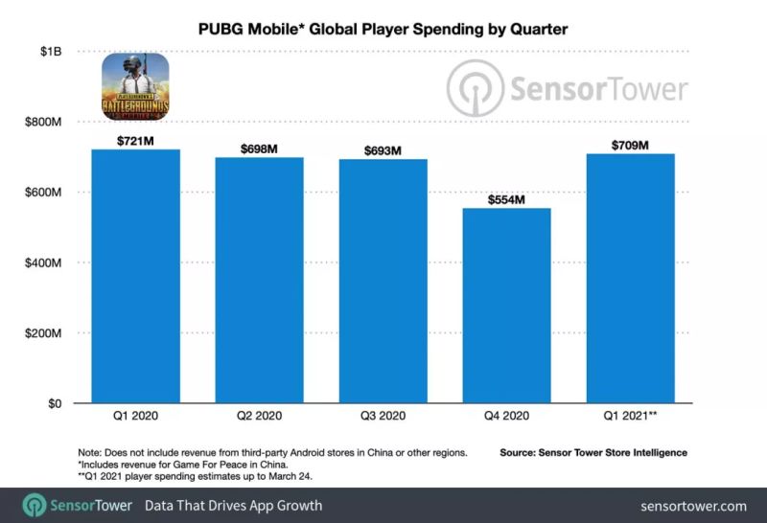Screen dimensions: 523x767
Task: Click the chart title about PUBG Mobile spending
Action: pyautogui.click(x=383, y=30)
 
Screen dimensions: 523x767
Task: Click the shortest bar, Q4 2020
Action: pyautogui.click(x=506, y=306)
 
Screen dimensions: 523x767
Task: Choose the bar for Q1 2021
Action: pyautogui.click(x=630, y=278)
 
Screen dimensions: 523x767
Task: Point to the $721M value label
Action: pyautogui.click(x=135, y=141)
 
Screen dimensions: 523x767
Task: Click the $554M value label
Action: pyautogui.click(x=506, y=200)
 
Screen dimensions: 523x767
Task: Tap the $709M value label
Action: pyautogui.click(x=630, y=146)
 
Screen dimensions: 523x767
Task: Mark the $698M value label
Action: pyautogui.click(x=259, y=149)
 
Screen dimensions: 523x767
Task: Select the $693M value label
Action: pyautogui.click(x=383, y=151)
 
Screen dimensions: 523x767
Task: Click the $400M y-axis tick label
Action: pyautogui.click(x=42, y=262)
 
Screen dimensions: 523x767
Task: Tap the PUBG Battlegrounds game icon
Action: pyautogui.click(x=135, y=86)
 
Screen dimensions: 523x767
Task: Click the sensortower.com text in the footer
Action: pyautogui.click(x=694, y=506)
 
